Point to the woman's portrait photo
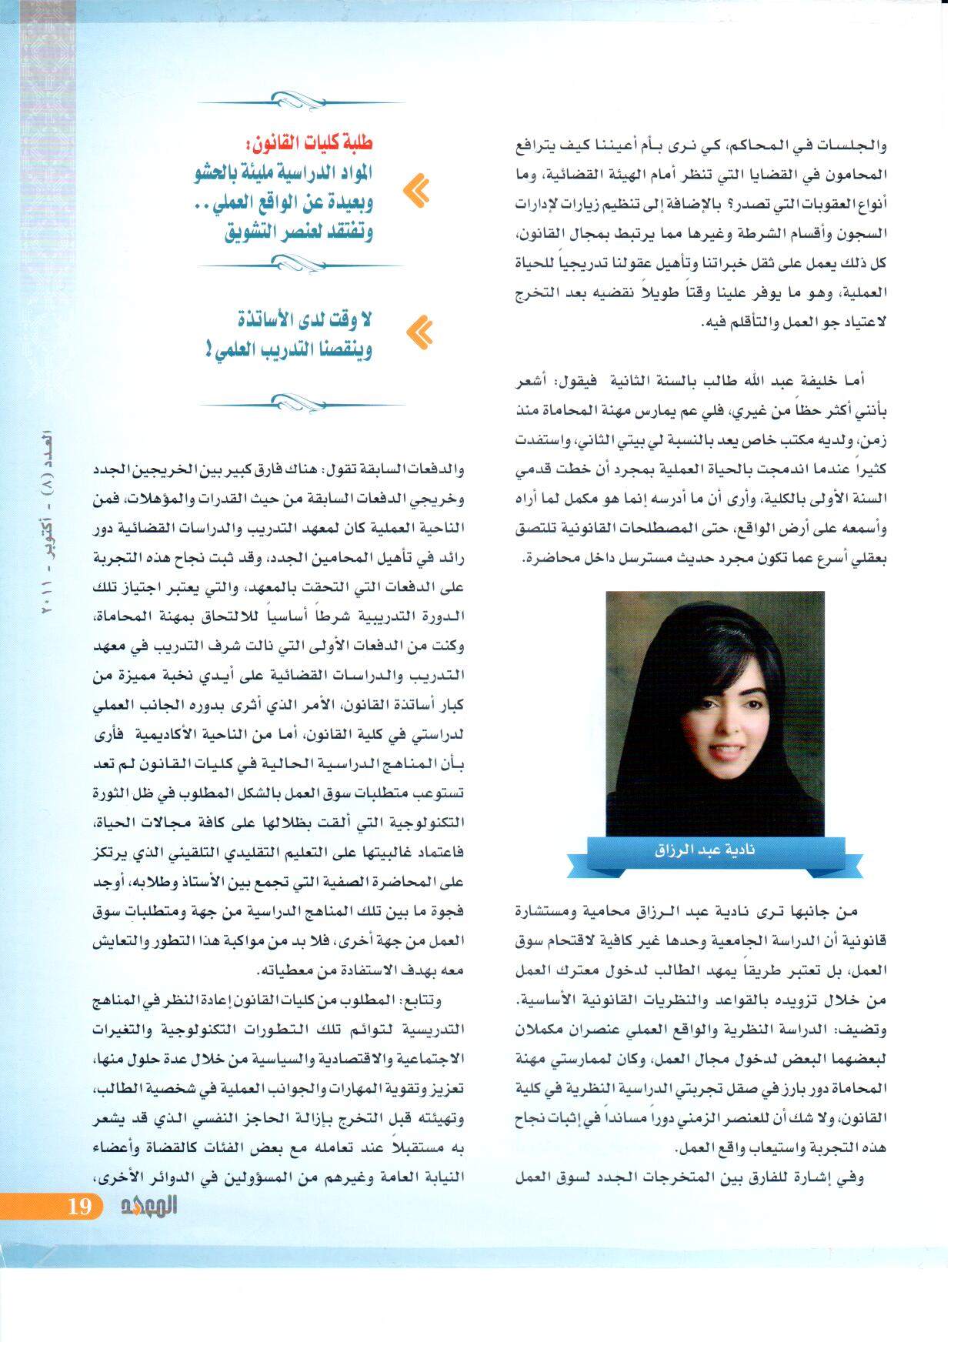coord(715,712)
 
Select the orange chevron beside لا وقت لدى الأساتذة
coord(418,332)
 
